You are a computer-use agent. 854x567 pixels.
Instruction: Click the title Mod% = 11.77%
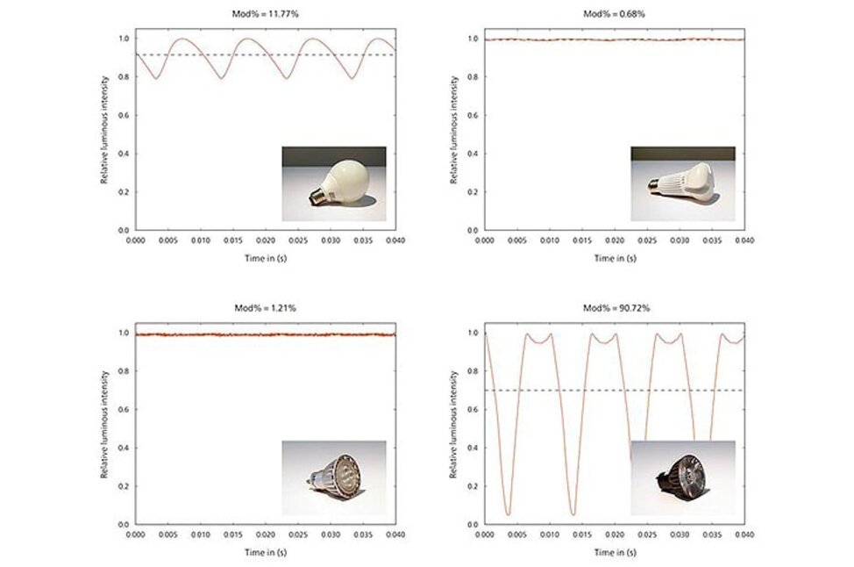coord(265,14)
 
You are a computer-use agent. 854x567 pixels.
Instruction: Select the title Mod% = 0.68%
coord(614,14)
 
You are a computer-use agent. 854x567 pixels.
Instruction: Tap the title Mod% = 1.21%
coord(265,309)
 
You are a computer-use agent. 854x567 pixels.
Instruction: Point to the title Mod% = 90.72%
coord(614,309)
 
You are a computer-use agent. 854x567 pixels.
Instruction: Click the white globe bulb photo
coord(334,183)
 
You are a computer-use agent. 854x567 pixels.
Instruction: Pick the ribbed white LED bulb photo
coord(683,183)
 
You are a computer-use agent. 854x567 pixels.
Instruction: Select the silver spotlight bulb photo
coord(334,477)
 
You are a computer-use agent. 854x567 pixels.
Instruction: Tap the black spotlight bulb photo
coord(683,477)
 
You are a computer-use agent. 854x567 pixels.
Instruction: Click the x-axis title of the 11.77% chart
coord(265,258)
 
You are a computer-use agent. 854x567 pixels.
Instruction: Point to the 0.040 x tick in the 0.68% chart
coord(744,240)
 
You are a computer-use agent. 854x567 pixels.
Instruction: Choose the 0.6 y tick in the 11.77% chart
coord(125,115)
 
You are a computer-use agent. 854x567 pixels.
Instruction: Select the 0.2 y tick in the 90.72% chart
coord(473,485)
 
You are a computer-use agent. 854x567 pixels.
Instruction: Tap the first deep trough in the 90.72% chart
coord(508,513)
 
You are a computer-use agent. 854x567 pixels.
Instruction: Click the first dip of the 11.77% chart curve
coord(156,78)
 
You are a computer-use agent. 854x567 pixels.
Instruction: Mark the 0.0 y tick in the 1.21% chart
coord(125,524)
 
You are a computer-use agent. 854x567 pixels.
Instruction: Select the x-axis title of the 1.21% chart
coord(265,553)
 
